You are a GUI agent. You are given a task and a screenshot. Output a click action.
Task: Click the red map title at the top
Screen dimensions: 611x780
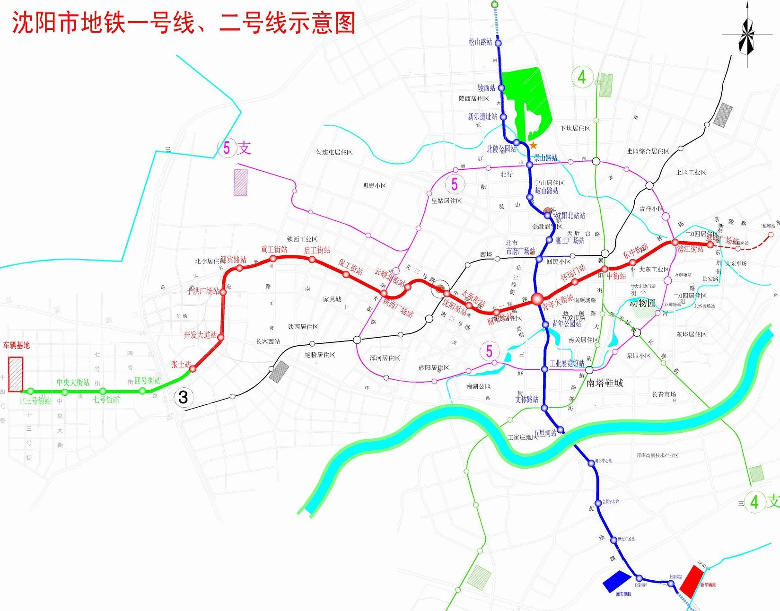click(184, 23)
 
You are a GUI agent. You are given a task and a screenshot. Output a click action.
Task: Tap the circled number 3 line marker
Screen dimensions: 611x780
click(183, 397)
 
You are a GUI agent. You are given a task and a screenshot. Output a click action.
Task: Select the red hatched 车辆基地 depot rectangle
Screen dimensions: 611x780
click(16, 374)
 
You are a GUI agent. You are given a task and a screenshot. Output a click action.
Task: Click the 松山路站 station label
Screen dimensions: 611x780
click(480, 42)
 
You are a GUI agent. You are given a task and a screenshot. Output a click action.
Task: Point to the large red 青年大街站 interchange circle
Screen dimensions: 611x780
click(537, 299)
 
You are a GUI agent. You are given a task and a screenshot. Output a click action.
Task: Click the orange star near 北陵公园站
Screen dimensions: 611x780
click(534, 145)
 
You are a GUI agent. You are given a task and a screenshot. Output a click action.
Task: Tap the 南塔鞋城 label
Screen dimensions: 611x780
click(605, 383)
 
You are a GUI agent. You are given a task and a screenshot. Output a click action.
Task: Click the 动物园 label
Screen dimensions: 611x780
click(642, 303)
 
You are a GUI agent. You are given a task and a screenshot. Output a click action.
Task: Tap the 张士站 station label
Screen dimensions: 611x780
click(181, 364)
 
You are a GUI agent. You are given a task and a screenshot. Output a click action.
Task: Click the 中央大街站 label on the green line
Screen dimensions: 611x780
click(73, 382)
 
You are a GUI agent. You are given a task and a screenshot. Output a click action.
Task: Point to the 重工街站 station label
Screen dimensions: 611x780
click(274, 249)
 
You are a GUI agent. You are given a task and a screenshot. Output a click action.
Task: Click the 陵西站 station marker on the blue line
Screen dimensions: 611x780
click(501, 88)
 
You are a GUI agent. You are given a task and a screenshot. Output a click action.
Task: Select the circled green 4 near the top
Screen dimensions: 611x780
click(582, 77)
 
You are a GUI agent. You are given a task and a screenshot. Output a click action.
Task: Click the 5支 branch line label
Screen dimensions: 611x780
click(235, 148)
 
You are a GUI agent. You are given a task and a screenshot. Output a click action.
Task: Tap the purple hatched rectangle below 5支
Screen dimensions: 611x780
click(240, 183)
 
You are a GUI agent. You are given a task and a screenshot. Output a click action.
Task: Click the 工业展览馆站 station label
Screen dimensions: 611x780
click(567, 363)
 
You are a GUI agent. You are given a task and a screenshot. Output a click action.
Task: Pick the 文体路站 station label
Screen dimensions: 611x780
click(526, 399)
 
